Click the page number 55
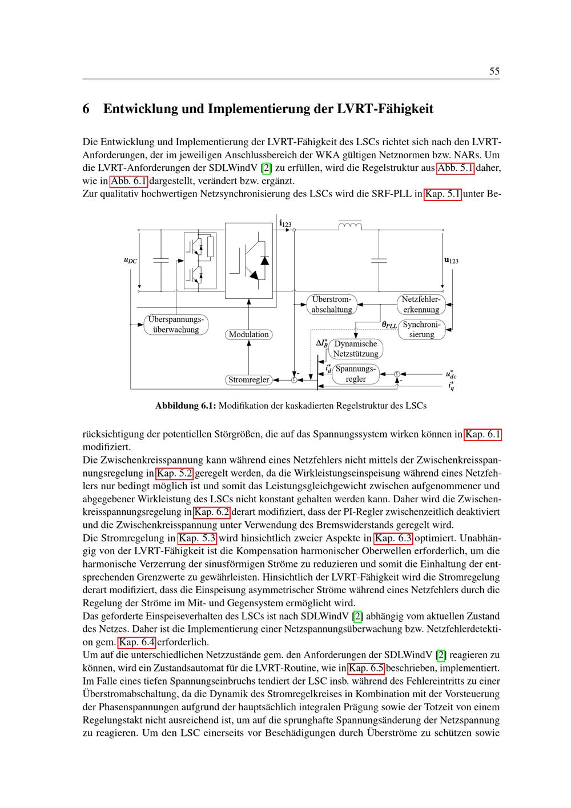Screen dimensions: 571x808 494,71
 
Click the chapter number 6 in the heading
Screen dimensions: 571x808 86,109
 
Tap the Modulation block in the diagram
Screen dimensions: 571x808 249,334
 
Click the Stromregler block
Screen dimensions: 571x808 249,379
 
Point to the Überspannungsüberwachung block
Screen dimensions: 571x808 176,324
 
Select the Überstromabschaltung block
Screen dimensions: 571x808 332,305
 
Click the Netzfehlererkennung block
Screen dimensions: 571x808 421,305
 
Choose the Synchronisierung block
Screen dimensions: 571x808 421,329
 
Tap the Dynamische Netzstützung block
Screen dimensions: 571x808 355,349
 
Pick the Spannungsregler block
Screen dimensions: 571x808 355,374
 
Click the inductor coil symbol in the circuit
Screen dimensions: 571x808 350,226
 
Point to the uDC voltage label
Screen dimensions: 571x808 131,260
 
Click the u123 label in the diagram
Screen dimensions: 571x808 451,260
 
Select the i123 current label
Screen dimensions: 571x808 285,223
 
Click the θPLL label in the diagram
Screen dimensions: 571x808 389,325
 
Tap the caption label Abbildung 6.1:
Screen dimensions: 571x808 186,406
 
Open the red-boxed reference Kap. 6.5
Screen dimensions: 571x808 366,669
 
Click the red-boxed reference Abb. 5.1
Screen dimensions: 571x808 455,169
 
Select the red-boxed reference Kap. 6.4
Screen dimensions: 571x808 137,642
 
